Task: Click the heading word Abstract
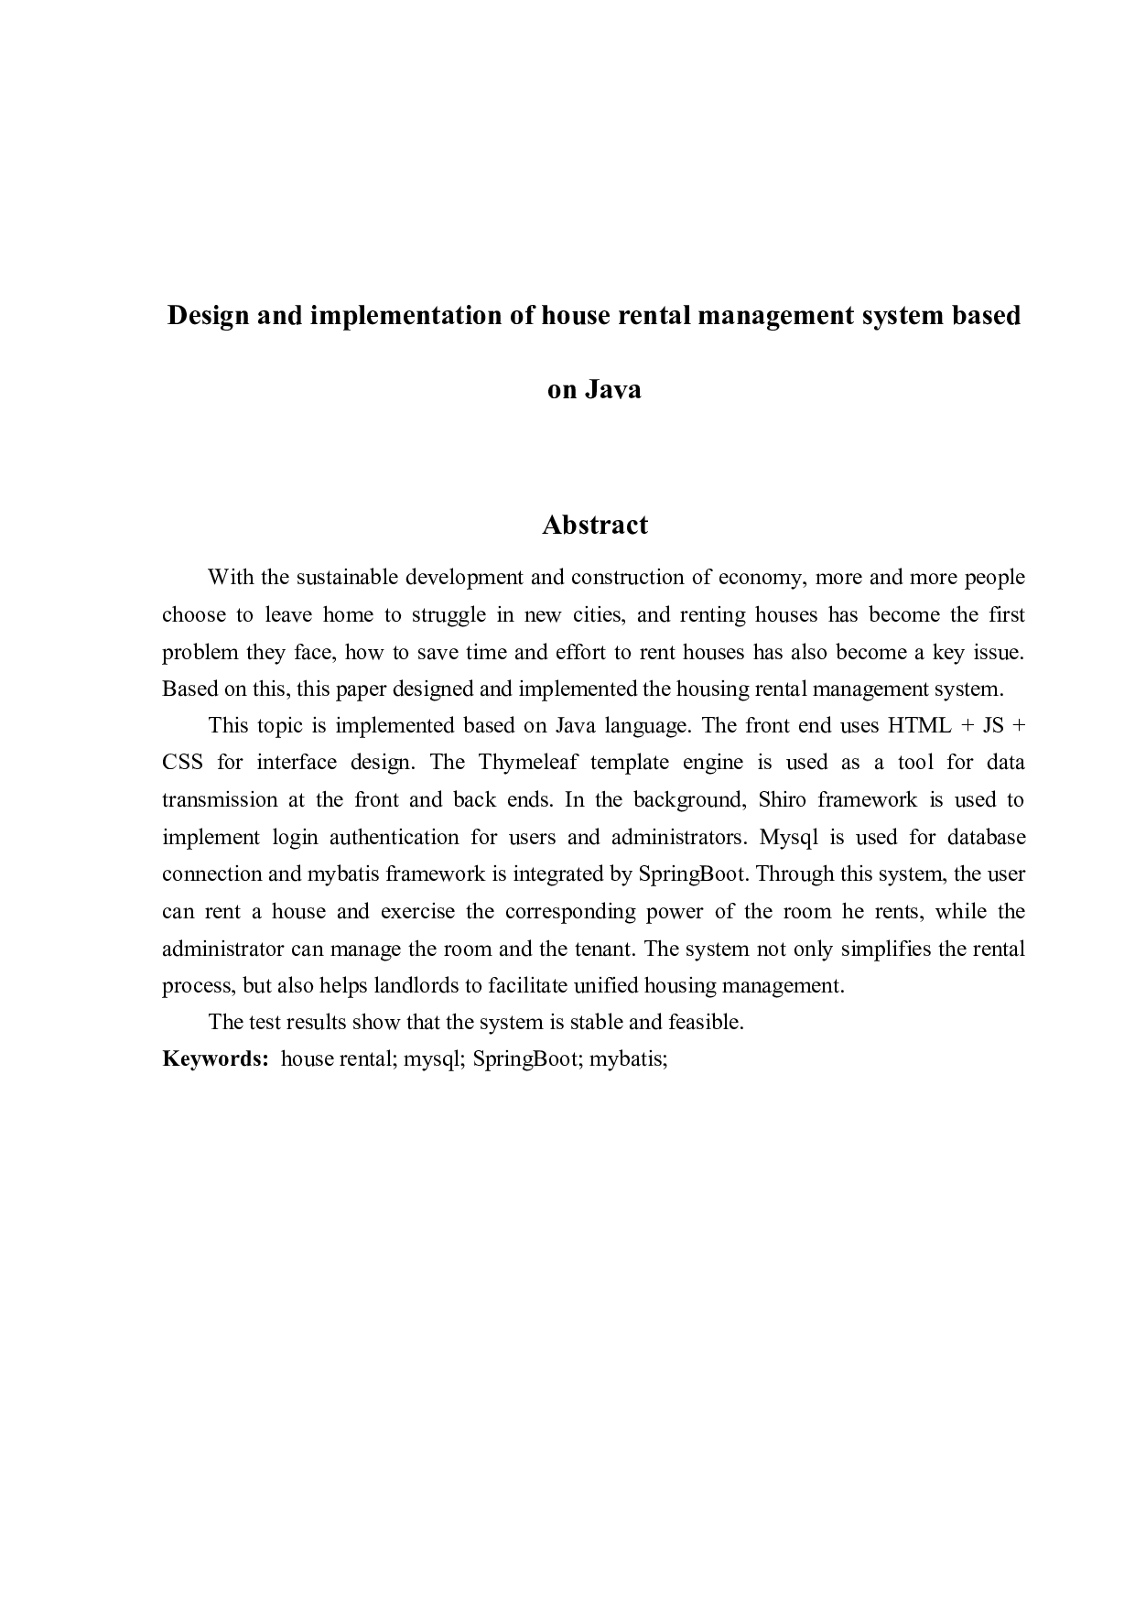pos(594,525)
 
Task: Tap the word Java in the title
pos(612,390)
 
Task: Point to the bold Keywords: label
pos(215,1059)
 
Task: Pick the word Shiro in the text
pos(782,800)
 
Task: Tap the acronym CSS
pos(182,763)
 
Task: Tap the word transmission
pos(220,800)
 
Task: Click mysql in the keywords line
pos(435,1060)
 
